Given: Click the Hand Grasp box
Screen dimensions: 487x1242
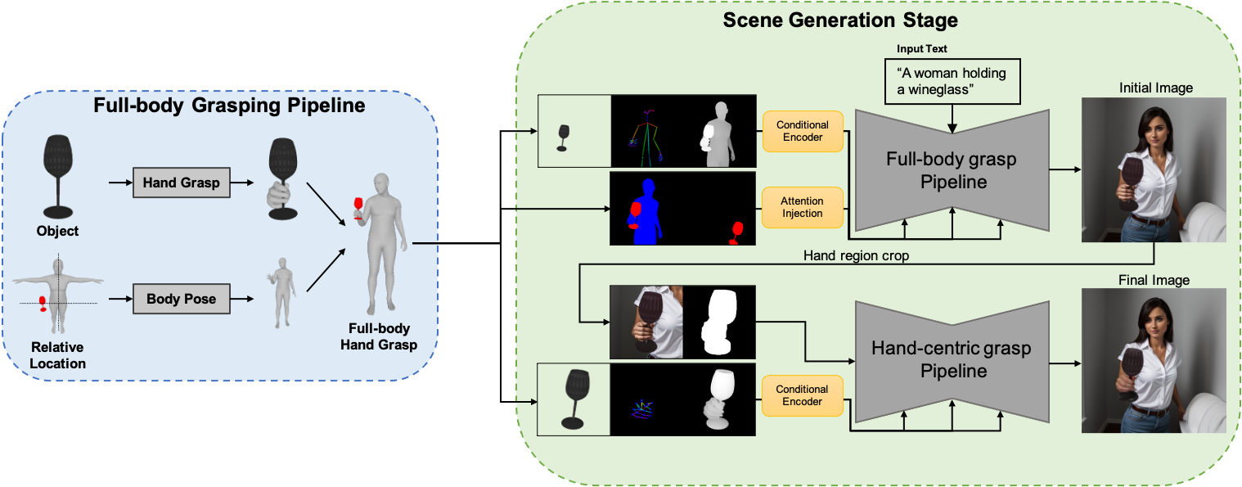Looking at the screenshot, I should point(182,183).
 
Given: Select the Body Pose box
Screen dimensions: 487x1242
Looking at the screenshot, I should point(181,299).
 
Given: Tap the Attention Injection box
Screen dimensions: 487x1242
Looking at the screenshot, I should point(803,207).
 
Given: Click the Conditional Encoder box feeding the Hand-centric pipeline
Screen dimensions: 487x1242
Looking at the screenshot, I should point(803,395).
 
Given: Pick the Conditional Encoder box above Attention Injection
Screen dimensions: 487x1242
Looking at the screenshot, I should point(803,131).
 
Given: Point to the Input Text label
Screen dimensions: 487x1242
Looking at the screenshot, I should point(921,49).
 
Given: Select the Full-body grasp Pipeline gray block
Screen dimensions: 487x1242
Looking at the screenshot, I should point(951,169).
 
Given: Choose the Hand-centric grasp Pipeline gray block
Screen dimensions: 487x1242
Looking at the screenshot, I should point(951,359).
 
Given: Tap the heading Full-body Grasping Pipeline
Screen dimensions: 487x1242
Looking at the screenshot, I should point(229,106).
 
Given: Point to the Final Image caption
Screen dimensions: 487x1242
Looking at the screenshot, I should point(1154,280).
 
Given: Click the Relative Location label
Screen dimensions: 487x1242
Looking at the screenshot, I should point(58,355).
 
